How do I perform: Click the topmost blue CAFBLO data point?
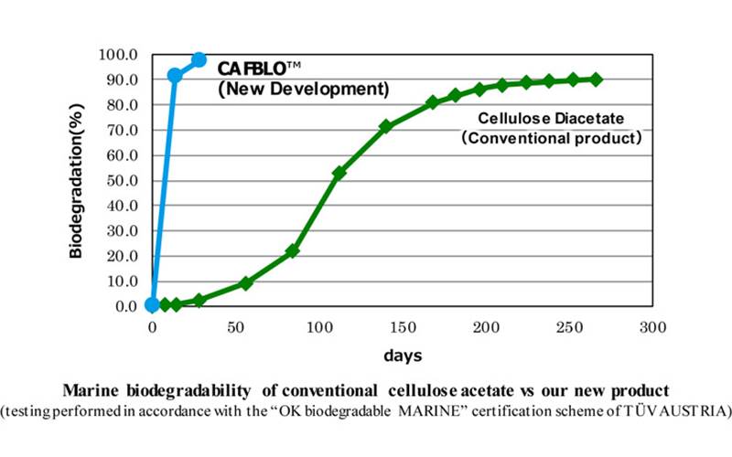point(199,60)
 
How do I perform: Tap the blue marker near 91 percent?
point(175,76)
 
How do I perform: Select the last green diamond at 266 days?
point(596,80)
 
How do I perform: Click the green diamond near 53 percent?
point(339,173)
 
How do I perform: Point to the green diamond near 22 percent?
point(293,250)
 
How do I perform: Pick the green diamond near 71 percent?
point(385,126)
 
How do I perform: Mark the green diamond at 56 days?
point(245,283)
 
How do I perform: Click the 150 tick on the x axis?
point(402,325)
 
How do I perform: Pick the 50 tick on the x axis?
point(235,325)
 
